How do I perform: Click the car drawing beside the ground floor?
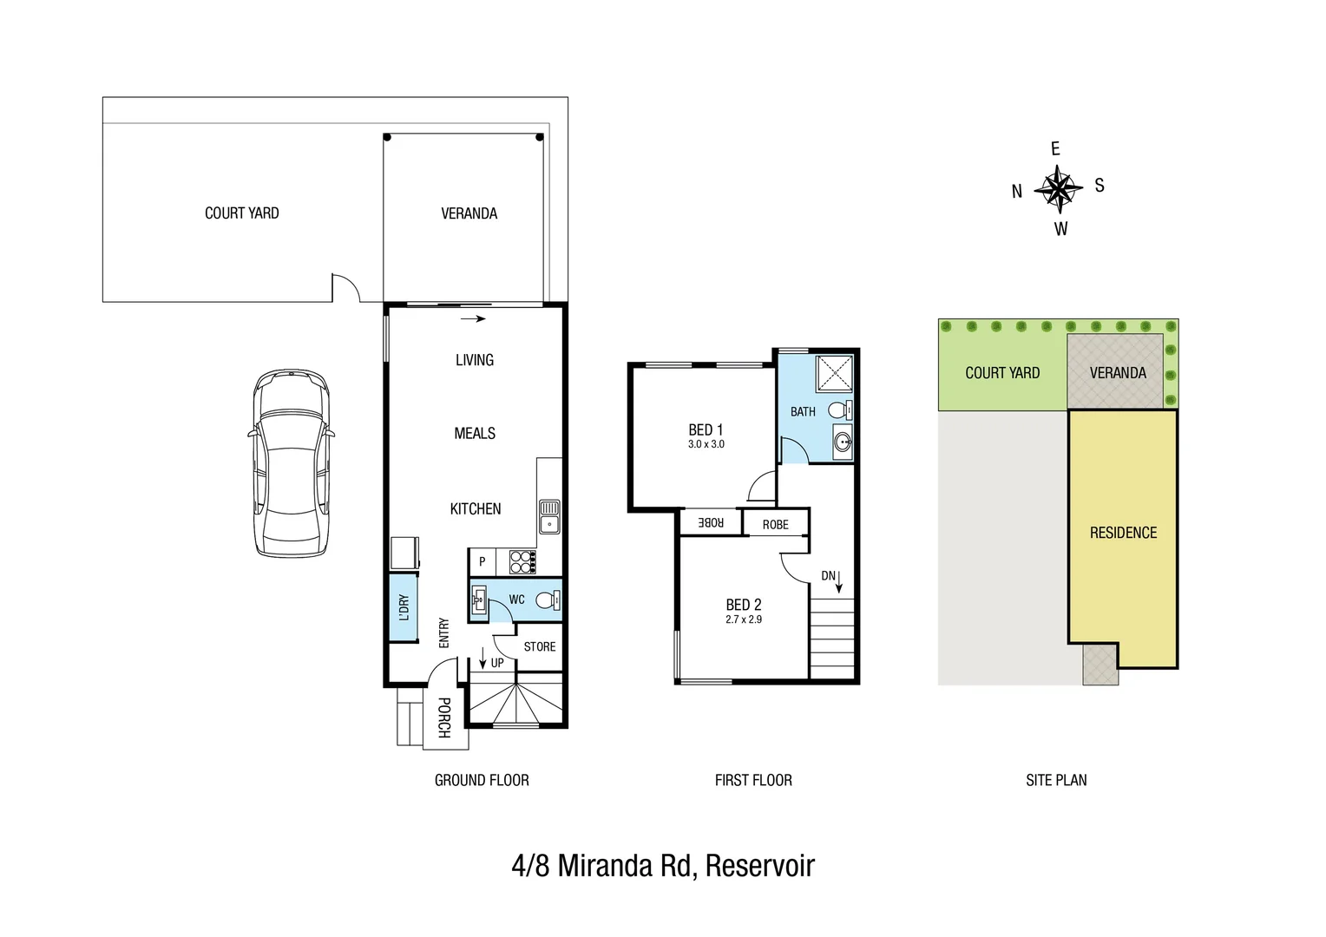pos(291,463)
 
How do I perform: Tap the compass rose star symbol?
pos(1058,187)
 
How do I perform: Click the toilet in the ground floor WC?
pos(547,600)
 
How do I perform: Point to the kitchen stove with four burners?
pos(521,562)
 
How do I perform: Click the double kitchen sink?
pos(548,516)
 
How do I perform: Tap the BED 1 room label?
pos(706,429)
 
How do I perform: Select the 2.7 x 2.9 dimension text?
pos(743,619)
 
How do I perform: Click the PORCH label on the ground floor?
pos(443,717)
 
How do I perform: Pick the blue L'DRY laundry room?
pos(402,606)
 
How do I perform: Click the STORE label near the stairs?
pos(539,646)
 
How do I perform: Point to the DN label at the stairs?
pos(829,576)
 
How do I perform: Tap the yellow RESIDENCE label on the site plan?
pos(1123,533)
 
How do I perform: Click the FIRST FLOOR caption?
pos(752,780)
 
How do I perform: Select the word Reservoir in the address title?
pos(759,866)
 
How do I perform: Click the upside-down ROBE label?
pos(711,522)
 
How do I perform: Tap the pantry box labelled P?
pos(482,561)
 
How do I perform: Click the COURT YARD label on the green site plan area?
pos(1001,373)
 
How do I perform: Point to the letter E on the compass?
pos(1055,149)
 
